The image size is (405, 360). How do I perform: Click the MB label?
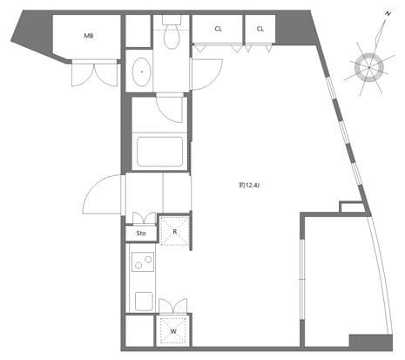[89, 37]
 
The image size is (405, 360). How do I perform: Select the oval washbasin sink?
[142, 71]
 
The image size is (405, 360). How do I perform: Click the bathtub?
[160, 152]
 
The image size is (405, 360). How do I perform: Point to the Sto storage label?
[141, 233]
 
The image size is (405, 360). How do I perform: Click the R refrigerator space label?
[175, 232]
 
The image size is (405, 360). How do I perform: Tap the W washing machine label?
[173, 331]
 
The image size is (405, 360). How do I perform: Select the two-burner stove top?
[143, 262]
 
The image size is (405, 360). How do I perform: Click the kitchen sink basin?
[144, 302]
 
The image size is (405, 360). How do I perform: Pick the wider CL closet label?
[219, 29]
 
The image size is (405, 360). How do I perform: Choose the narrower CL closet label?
[260, 29]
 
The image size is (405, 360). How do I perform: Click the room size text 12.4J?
[249, 185]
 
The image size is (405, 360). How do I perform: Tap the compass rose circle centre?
[369, 67]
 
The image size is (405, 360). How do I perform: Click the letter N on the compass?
[388, 14]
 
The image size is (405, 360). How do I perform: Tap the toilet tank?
[172, 20]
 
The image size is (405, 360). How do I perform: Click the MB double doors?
[95, 74]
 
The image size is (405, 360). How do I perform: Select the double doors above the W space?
[173, 306]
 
